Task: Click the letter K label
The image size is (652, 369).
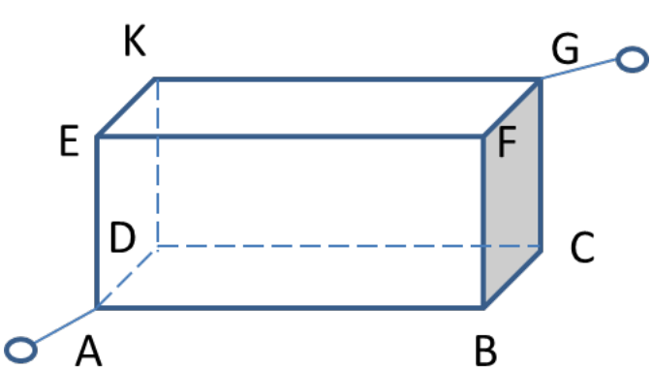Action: point(135,41)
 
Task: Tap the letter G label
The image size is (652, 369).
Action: point(565,48)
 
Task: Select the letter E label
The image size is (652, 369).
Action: point(69,140)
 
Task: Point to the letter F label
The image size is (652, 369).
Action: point(507,141)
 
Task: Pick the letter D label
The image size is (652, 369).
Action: point(122,237)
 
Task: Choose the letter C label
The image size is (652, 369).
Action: point(582,247)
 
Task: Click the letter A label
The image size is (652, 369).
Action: point(88,351)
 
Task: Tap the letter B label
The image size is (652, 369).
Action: point(485,351)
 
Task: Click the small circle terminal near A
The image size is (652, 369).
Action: point(20,350)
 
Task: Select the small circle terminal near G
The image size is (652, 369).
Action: point(632,59)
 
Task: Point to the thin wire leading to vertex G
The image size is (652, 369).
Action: point(578,69)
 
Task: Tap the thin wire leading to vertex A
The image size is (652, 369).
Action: point(65,325)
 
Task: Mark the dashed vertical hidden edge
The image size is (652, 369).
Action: point(157,163)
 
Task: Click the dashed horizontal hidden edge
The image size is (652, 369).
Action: point(349,246)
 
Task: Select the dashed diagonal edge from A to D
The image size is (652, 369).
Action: point(126,278)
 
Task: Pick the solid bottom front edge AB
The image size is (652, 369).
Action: point(290,308)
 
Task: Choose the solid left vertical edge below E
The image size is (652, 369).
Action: point(97,222)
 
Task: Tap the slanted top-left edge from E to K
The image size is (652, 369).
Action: point(126,108)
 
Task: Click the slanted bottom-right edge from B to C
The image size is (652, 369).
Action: point(512,279)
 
